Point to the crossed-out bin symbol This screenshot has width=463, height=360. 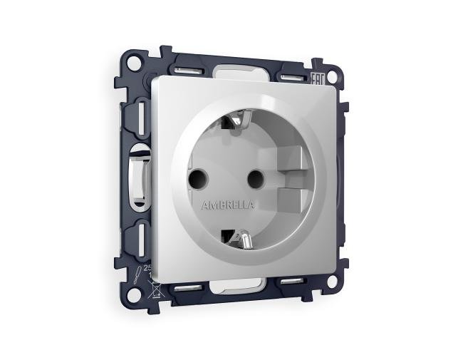pos(152,288)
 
